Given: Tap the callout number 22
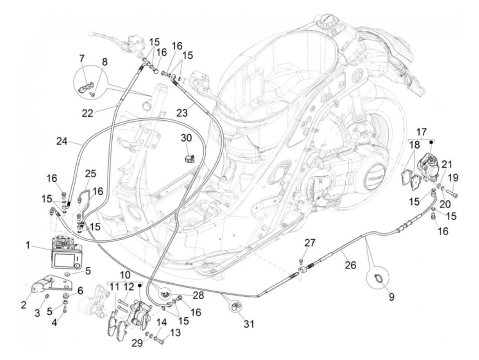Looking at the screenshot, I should click(88, 113).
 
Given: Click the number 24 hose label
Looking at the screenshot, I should click(63, 141).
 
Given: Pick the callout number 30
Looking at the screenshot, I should click(186, 139).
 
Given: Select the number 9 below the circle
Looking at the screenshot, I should click(391, 296).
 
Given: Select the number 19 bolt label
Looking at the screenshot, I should click(453, 178).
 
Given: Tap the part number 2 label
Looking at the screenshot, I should click(23, 304).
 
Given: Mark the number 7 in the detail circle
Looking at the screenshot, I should click(81, 58).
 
